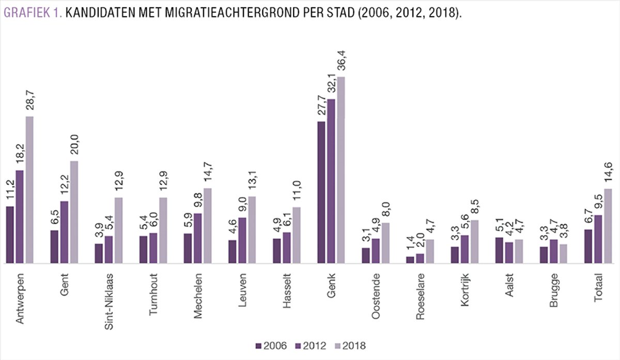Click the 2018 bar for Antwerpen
pyautogui.click(x=29, y=190)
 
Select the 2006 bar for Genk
pyautogui.click(x=321, y=193)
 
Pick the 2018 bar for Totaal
pyautogui.click(x=608, y=226)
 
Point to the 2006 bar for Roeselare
pyautogui.click(x=410, y=260)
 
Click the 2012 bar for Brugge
pyautogui.click(x=553, y=252)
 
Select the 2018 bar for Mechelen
pyautogui.click(x=208, y=226)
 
